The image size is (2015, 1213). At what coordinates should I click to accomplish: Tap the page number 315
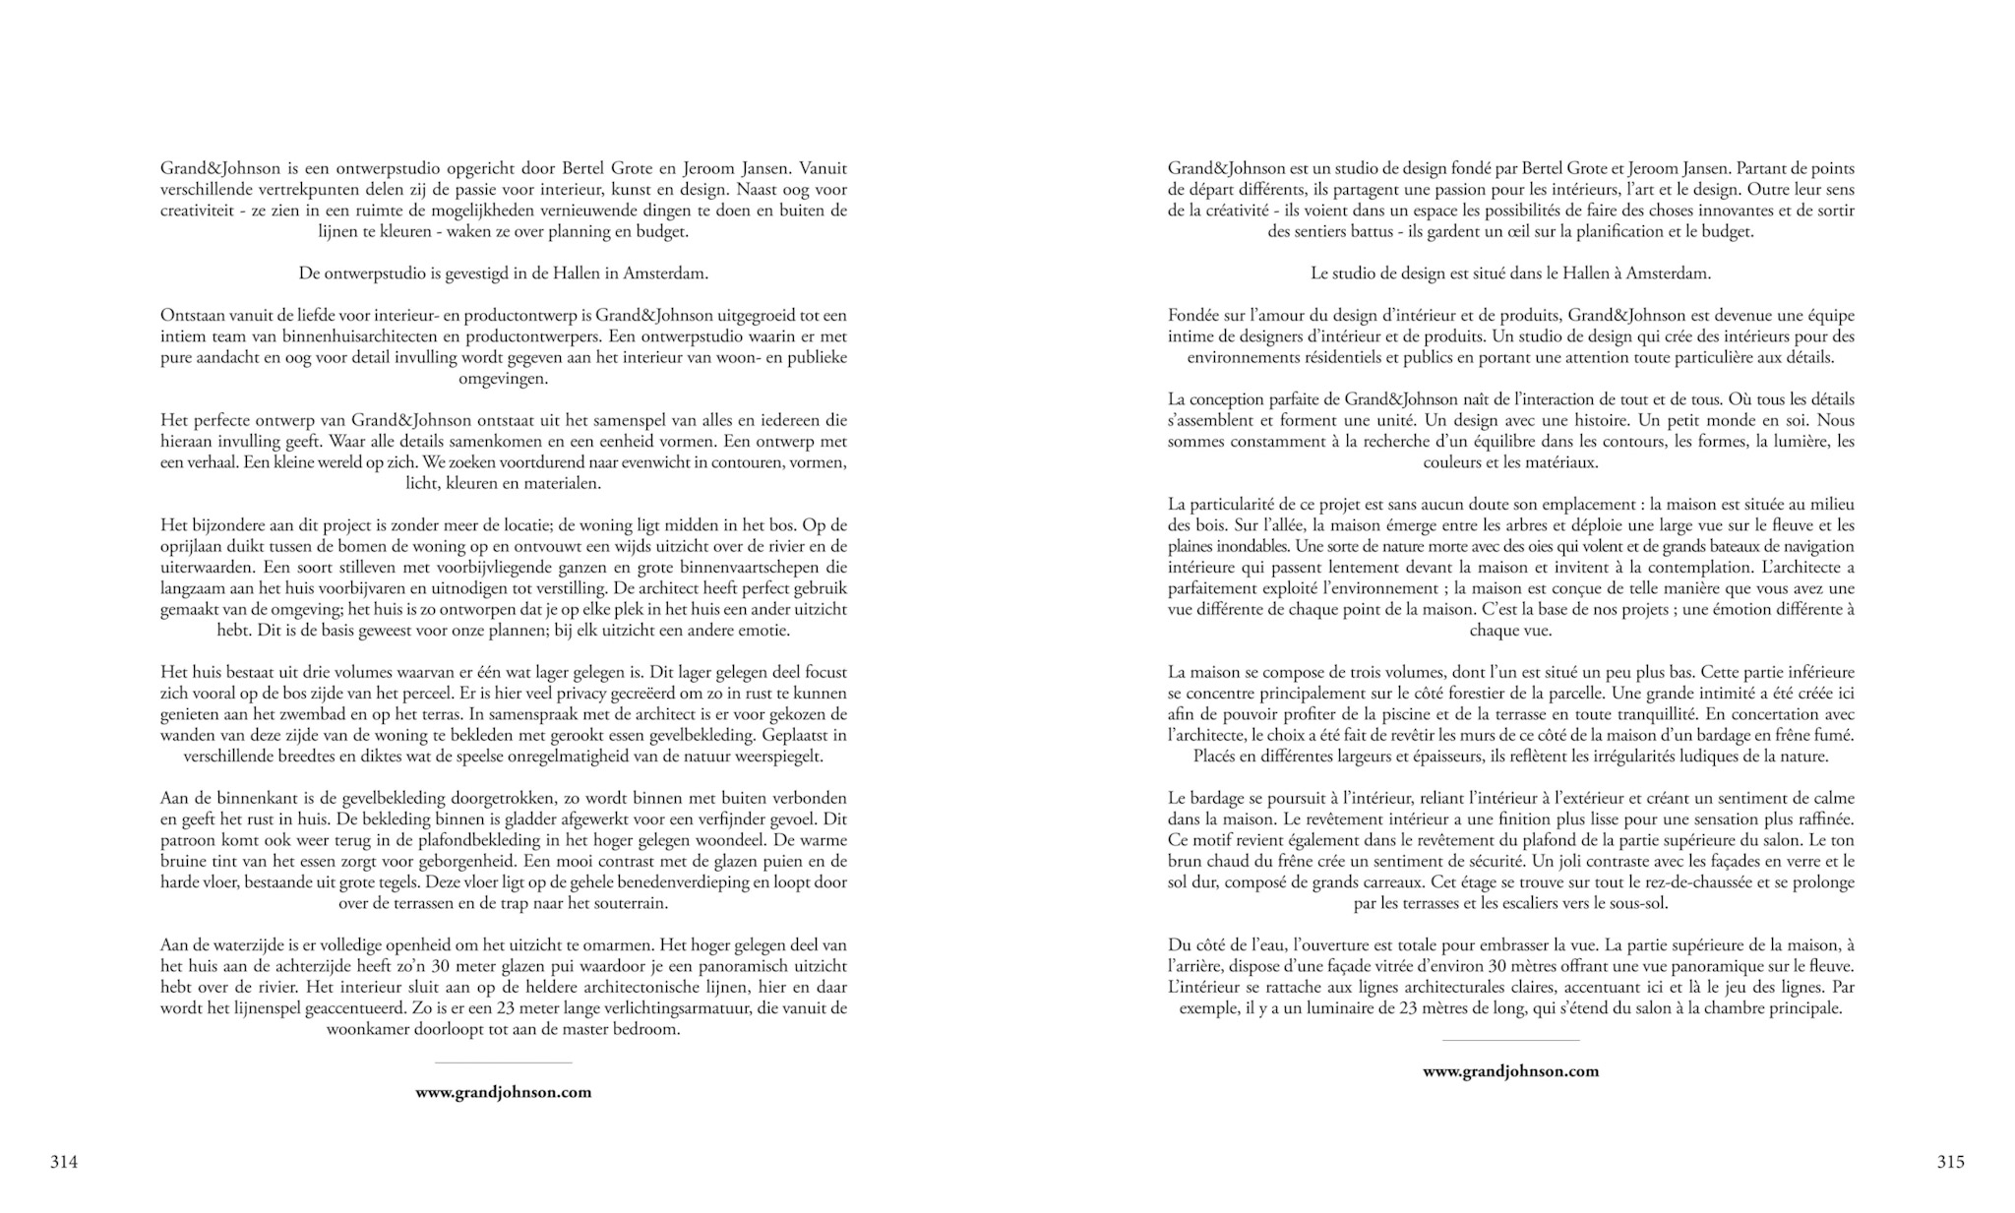1950,1162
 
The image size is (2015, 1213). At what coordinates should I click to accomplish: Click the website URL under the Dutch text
503,1092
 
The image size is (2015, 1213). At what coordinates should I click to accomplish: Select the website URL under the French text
1510,1071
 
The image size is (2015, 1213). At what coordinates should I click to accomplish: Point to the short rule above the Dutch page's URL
503,1062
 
